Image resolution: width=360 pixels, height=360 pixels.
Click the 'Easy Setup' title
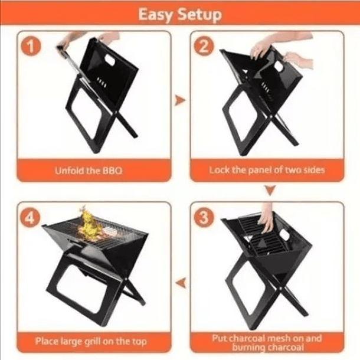coord(180,15)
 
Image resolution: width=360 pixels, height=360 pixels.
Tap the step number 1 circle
coord(31,46)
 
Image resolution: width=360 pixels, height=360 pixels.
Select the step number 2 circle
coord(204,46)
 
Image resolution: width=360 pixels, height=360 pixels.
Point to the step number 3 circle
coord(204,217)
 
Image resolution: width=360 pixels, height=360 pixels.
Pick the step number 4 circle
coord(30,217)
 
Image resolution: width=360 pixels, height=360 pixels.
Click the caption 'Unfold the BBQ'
coord(89,171)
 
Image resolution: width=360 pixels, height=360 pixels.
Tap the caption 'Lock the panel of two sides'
coord(267,170)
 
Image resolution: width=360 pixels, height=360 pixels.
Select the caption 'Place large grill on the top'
coord(91,341)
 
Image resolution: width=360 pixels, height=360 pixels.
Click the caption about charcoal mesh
coord(267,342)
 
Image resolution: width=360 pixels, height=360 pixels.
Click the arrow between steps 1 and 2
coord(180,100)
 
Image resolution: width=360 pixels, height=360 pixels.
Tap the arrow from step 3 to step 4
coord(181,283)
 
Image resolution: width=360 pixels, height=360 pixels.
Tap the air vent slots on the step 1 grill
coord(102,83)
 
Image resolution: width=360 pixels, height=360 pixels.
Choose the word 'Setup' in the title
coord(199,15)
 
